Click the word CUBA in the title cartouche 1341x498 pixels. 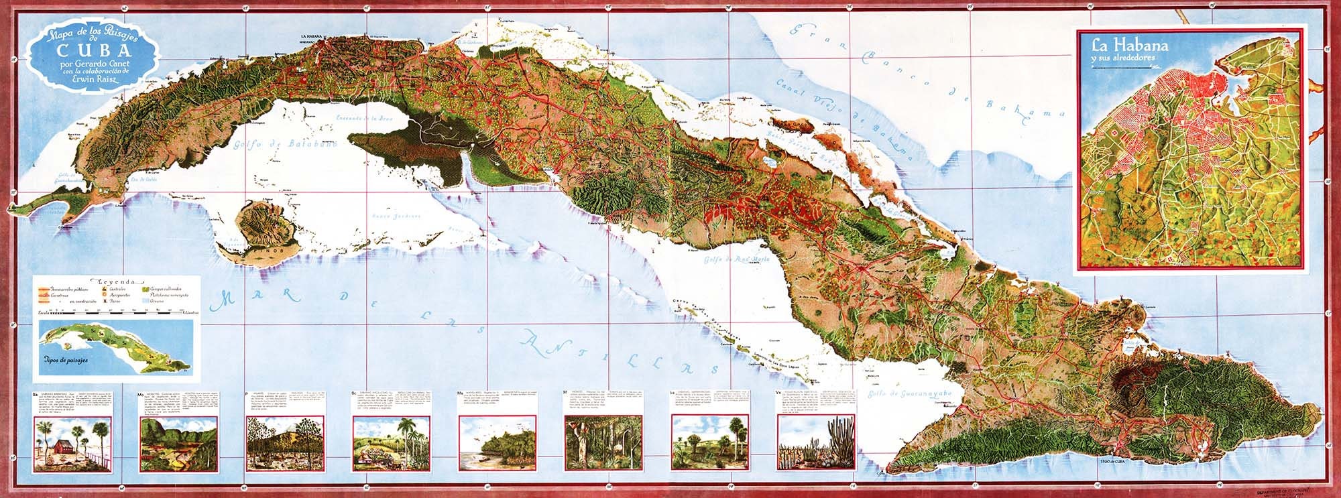point(93,52)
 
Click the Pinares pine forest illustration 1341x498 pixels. point(276,442)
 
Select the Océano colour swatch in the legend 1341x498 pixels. point(149,302)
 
